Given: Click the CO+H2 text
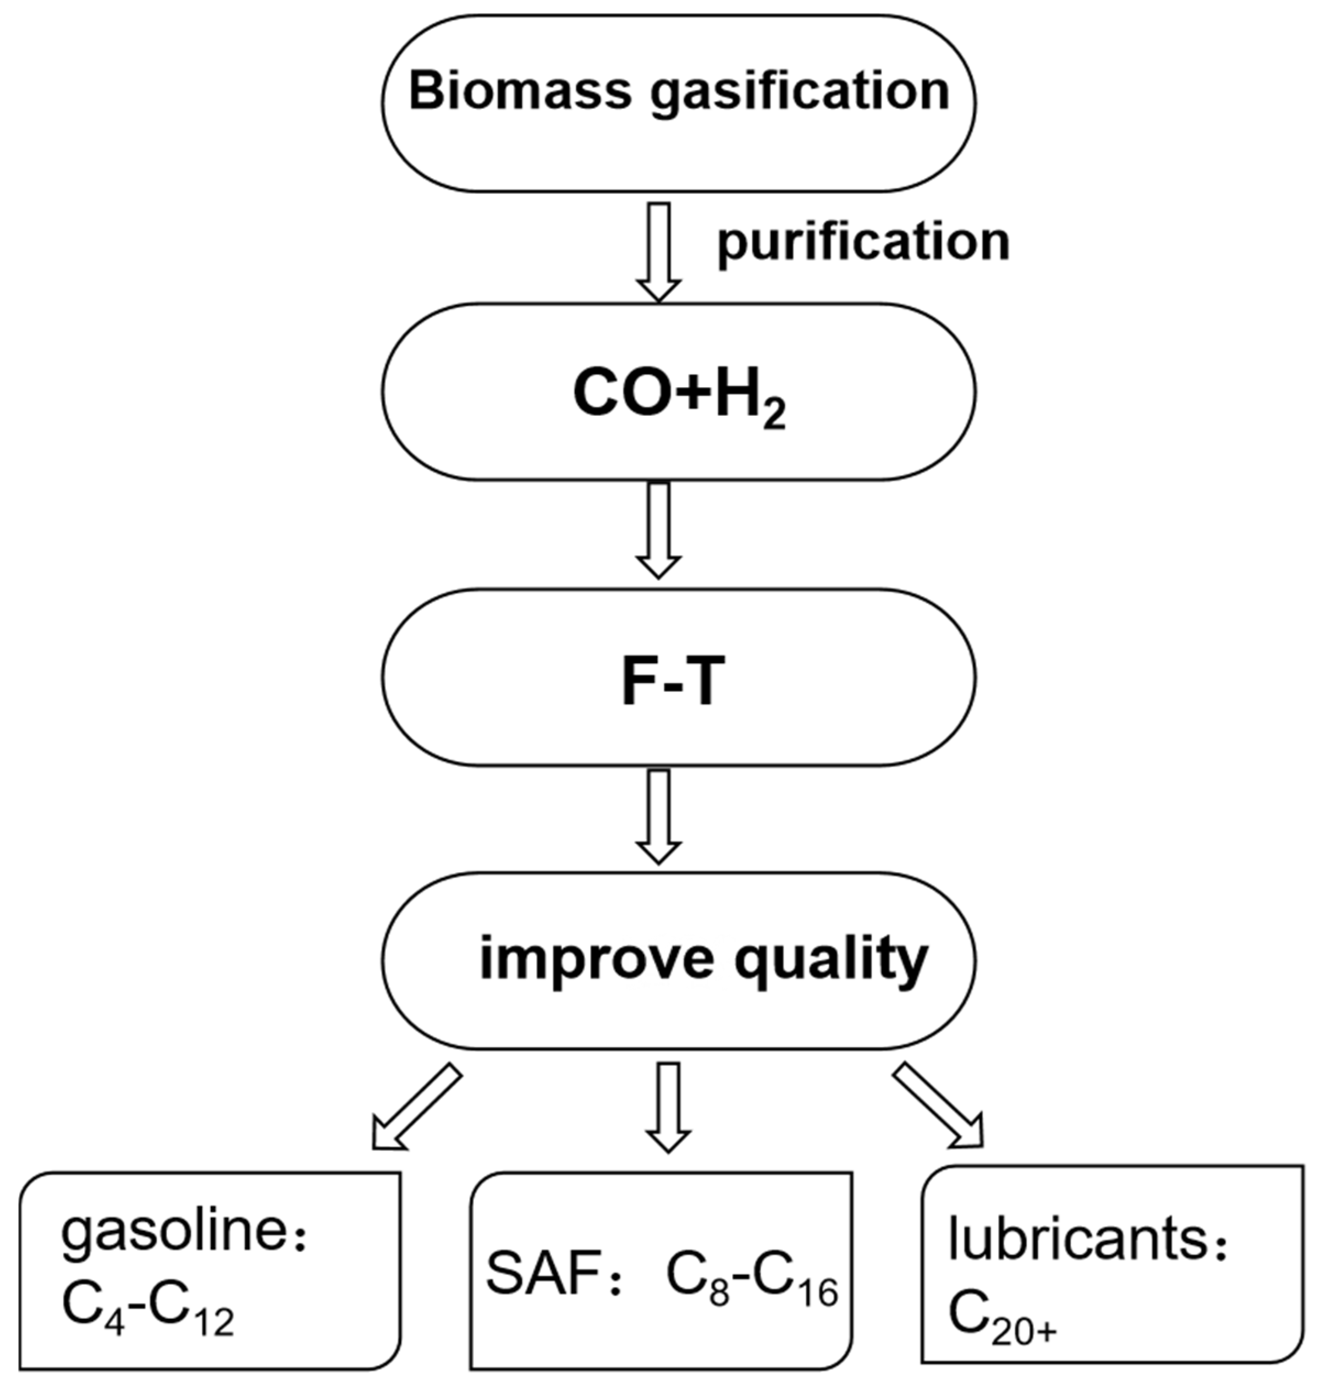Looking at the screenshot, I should tap(679, 395).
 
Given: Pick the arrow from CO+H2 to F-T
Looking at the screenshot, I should tap(659, 529).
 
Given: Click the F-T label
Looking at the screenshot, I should tap(674, 680).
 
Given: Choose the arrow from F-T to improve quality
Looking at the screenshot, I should tap(659, 815).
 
